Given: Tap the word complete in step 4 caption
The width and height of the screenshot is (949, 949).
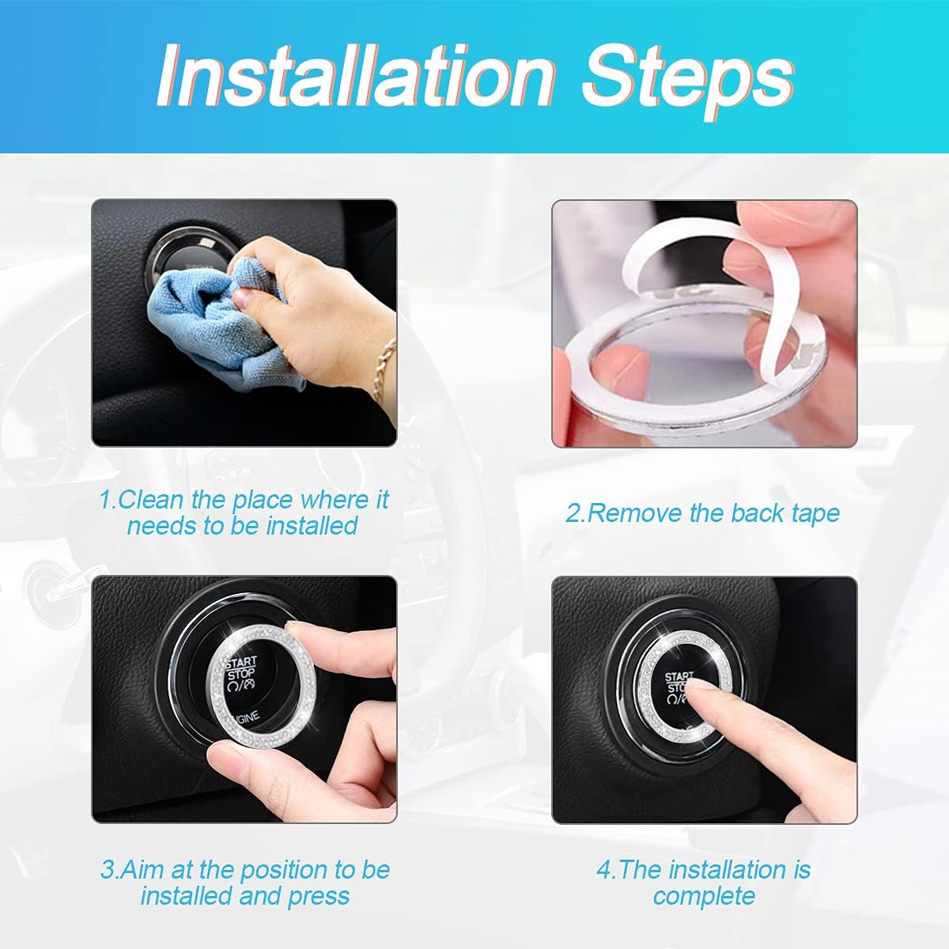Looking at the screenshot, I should pyautogui.click(x=704, y=896).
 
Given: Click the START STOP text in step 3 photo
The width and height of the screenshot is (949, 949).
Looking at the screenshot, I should pyautogui.click(x=241, y=668).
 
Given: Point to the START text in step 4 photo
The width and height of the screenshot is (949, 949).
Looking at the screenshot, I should pyautogui.click(x=679, y=677).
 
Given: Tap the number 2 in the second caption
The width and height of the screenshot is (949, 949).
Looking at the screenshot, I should pyautogui.click(x=573, y=513).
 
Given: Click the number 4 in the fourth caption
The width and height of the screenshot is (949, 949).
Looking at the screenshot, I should pyautogui.click(x=604, y=870).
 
